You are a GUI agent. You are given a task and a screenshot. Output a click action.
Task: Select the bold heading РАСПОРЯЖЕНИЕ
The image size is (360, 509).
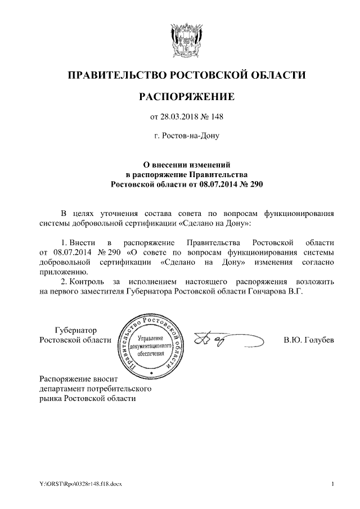pos(186,98)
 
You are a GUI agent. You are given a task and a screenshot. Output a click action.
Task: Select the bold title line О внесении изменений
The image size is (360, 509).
pos(186,165)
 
